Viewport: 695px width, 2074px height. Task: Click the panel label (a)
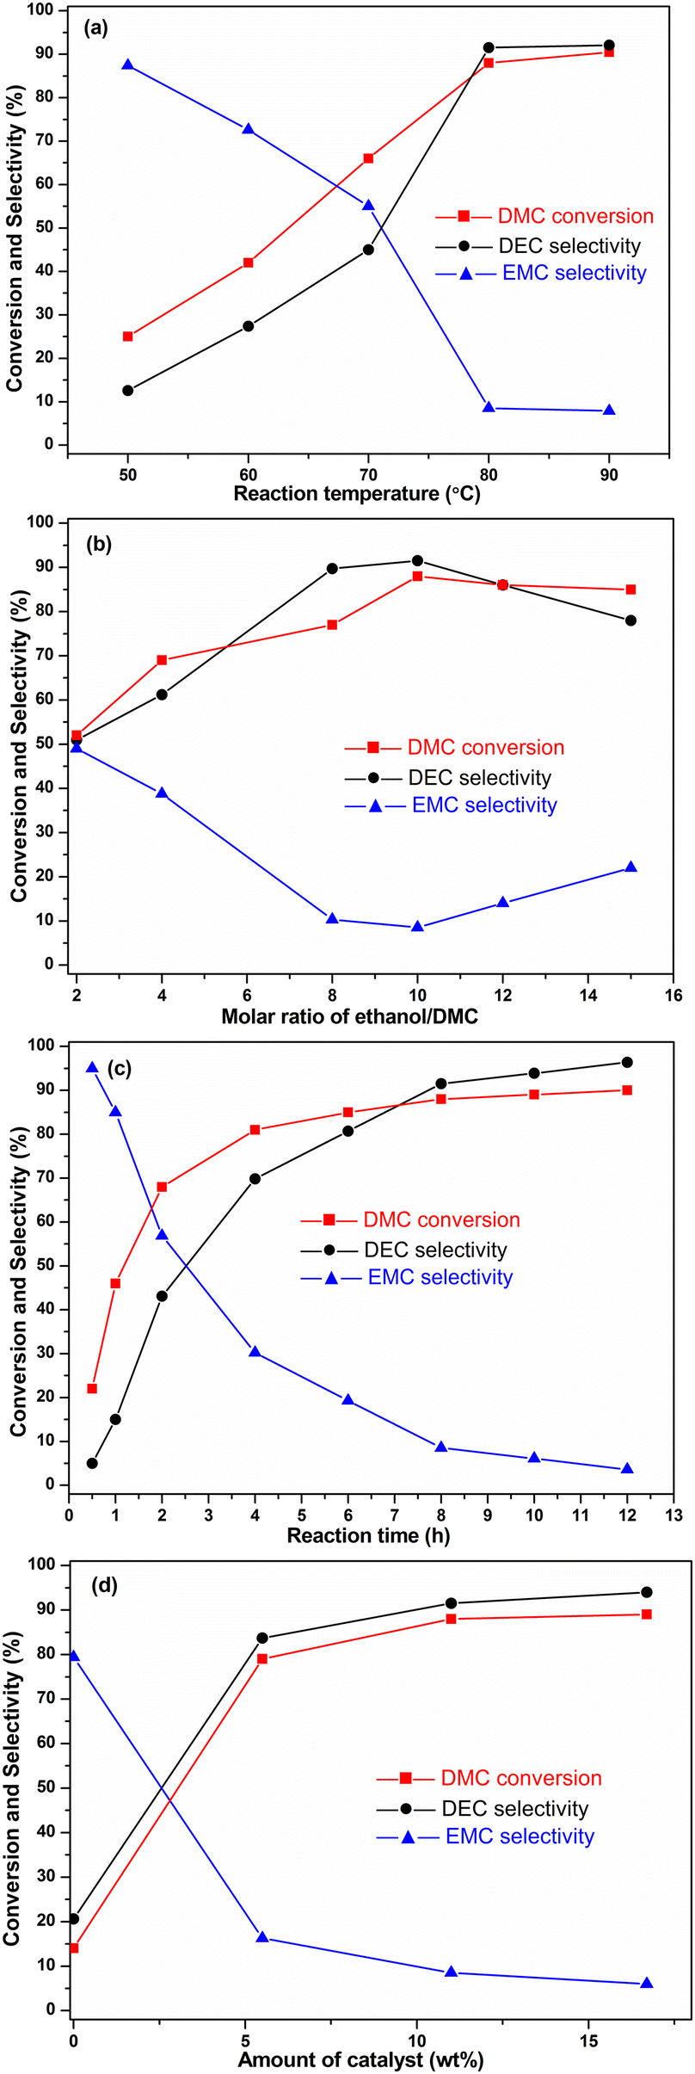click(x=95, y=28)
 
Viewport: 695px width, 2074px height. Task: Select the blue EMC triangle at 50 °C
click(x=127, y=65)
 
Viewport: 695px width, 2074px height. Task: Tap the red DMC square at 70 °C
click(x=368, y=158)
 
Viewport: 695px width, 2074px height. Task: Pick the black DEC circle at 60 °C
click(x=248, y=326)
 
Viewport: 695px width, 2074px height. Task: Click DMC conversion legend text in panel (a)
click(x=576, y=216)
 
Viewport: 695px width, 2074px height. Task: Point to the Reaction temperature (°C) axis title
click(x=357, y=494)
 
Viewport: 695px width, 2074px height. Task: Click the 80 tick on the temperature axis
click(x=488, y=473)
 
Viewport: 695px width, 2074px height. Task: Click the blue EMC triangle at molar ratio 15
click(x=630, y=867)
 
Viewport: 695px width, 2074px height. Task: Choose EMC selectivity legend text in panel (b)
click(x=484, y=806)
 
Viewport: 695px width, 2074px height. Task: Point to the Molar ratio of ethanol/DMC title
click(x=350, y=1016)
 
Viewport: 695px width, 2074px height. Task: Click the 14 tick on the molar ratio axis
click(x=587, y=995)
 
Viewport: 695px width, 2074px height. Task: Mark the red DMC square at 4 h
click(x=255, y=1130)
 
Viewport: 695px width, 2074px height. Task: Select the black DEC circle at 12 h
click(x=627, y=1062)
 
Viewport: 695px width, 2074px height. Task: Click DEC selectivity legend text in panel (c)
click(x=436, y=1250)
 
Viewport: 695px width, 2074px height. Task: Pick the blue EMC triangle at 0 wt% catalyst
click(x=74, y=1655)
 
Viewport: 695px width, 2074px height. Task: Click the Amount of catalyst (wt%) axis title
click(x=360, y=2059)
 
